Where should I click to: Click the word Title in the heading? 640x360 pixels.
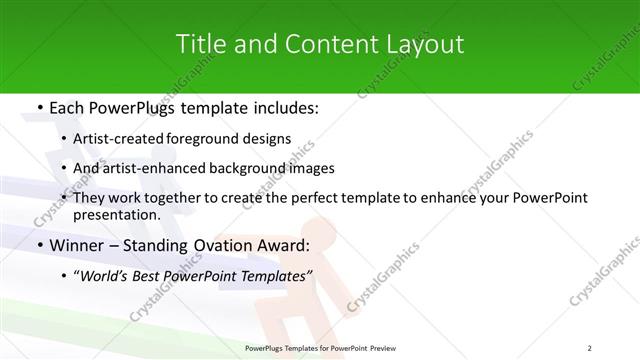200,44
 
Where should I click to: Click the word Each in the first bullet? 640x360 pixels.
67,105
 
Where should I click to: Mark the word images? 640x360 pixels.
311,168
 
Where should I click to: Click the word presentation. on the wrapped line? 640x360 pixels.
116,214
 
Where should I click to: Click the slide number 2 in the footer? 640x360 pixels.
589,347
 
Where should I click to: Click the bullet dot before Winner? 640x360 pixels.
39,245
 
